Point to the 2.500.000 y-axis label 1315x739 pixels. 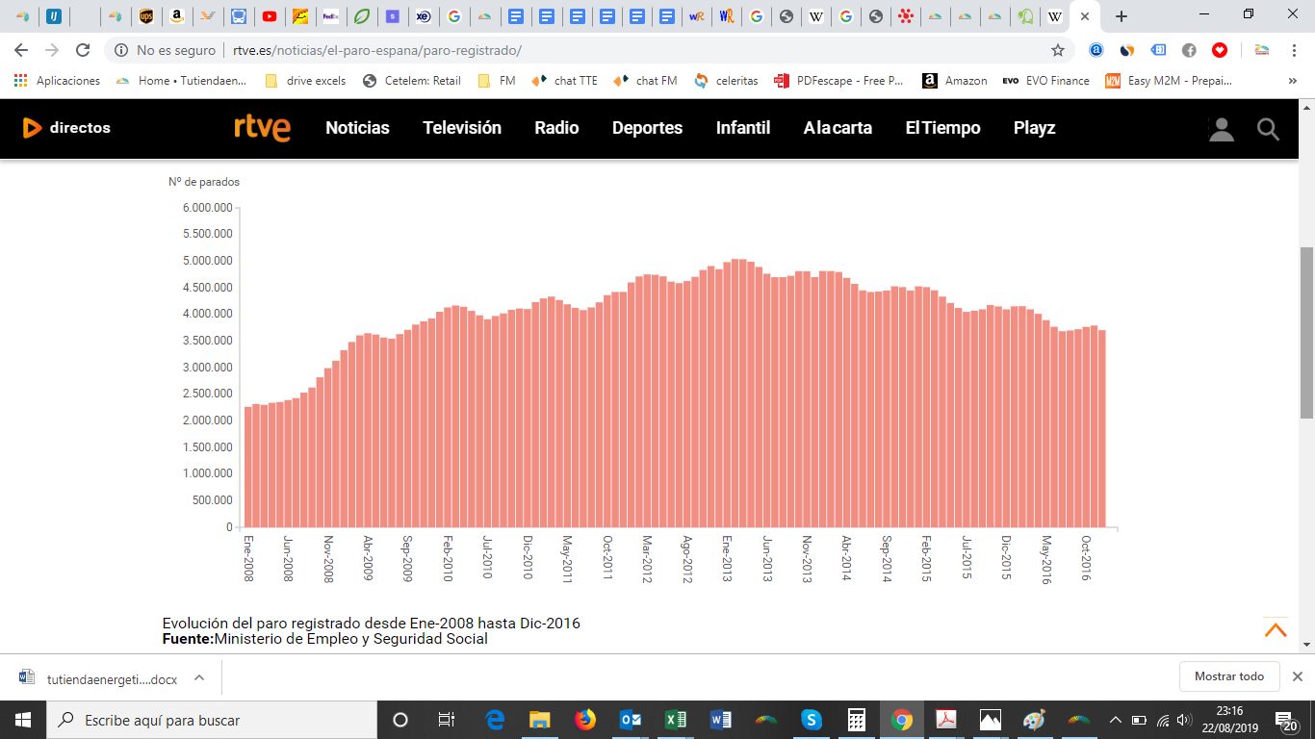(x=207, y=394)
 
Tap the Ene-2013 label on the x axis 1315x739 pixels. (x=727, y=558)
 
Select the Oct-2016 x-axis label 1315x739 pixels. (x=1086, y=558)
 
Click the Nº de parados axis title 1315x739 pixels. (x=204, y=182)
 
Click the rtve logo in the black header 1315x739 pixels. (x=262, y=128)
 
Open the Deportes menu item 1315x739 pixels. (x=647, y=128)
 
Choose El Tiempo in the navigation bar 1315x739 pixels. (x=942, y=128)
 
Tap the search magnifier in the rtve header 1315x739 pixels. (x=1268, y=129)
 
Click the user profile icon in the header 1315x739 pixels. (x=1222, y=130)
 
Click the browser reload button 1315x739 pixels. (x=83, y=50)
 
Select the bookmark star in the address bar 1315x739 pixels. (x=1058, y=50)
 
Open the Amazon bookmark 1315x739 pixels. (x=955, y=81)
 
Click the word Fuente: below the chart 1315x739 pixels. (x=188, y=639)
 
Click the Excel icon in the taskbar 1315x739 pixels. (x=676, y=720)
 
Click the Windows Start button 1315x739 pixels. (x=23, y=720)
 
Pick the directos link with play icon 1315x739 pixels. (x=66, y=128)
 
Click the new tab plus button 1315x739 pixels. (x=1122, y=16)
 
